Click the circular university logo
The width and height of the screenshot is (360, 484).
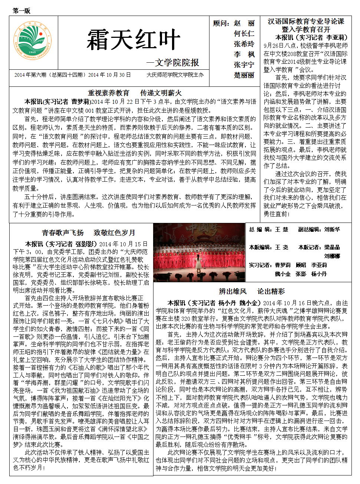pos(33,42)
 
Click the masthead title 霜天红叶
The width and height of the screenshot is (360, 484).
pos(133,40)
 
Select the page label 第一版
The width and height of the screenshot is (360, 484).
pos(22,11)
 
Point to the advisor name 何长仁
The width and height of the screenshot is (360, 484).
pos(244,33)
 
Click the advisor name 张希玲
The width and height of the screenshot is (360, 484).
pos(244,44)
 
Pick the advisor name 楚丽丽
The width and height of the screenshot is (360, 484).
pos(244,75)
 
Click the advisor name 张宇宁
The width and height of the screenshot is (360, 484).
pos(244,65)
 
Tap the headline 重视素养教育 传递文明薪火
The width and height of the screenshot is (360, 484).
pos(135,93)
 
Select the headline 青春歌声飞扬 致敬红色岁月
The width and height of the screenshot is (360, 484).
pos(88,233)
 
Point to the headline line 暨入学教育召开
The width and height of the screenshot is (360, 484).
pos(306,29)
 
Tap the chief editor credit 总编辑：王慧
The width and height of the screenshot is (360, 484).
pos(268,230)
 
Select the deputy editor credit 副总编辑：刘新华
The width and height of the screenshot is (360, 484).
pos(319,230)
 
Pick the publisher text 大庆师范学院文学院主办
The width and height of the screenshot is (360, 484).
pos(175,75)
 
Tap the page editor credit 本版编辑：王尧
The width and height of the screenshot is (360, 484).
pos(268,247)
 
